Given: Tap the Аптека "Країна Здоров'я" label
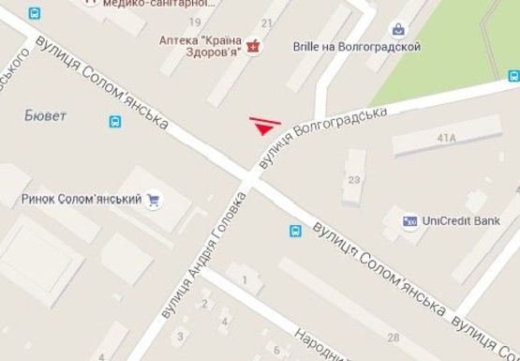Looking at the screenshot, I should coord(201,44).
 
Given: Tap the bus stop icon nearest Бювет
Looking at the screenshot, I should coord(115,121).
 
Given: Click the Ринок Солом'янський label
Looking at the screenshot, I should coord(80,199).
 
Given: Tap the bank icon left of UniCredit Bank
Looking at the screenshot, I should coord(409,222).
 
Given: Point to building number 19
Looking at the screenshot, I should coord(196,21).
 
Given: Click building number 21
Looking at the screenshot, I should coord(266,22).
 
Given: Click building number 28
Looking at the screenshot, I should coord(393,338).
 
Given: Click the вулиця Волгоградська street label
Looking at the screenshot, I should coord(324,137).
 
